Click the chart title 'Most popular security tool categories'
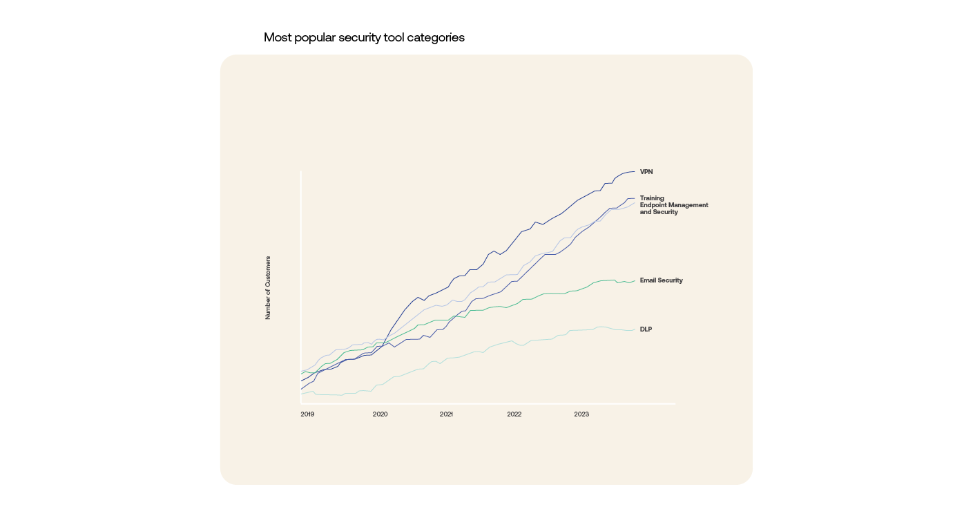(x=364, y=37)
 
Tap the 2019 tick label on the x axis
(x=307, y=414)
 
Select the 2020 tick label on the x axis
(x=380, y=414)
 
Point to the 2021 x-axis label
(x=446, y=414)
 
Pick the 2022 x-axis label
(x=514, y=414)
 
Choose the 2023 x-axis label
(x=581, y=414)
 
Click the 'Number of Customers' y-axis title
(x=268, y=287)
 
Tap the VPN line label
(x=646, y=172)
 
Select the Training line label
(x=652, y=198)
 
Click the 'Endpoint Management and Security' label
(x=673, y=209)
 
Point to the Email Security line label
(x=661, y=280)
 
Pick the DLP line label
(x=646, y=329)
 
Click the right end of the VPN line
(x=634, y=172)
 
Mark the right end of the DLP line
(x=634, y=329)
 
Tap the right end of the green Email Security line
(x=634, y=280)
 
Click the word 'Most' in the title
(x=278, y=37)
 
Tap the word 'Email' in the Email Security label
(x=649, y=280)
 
